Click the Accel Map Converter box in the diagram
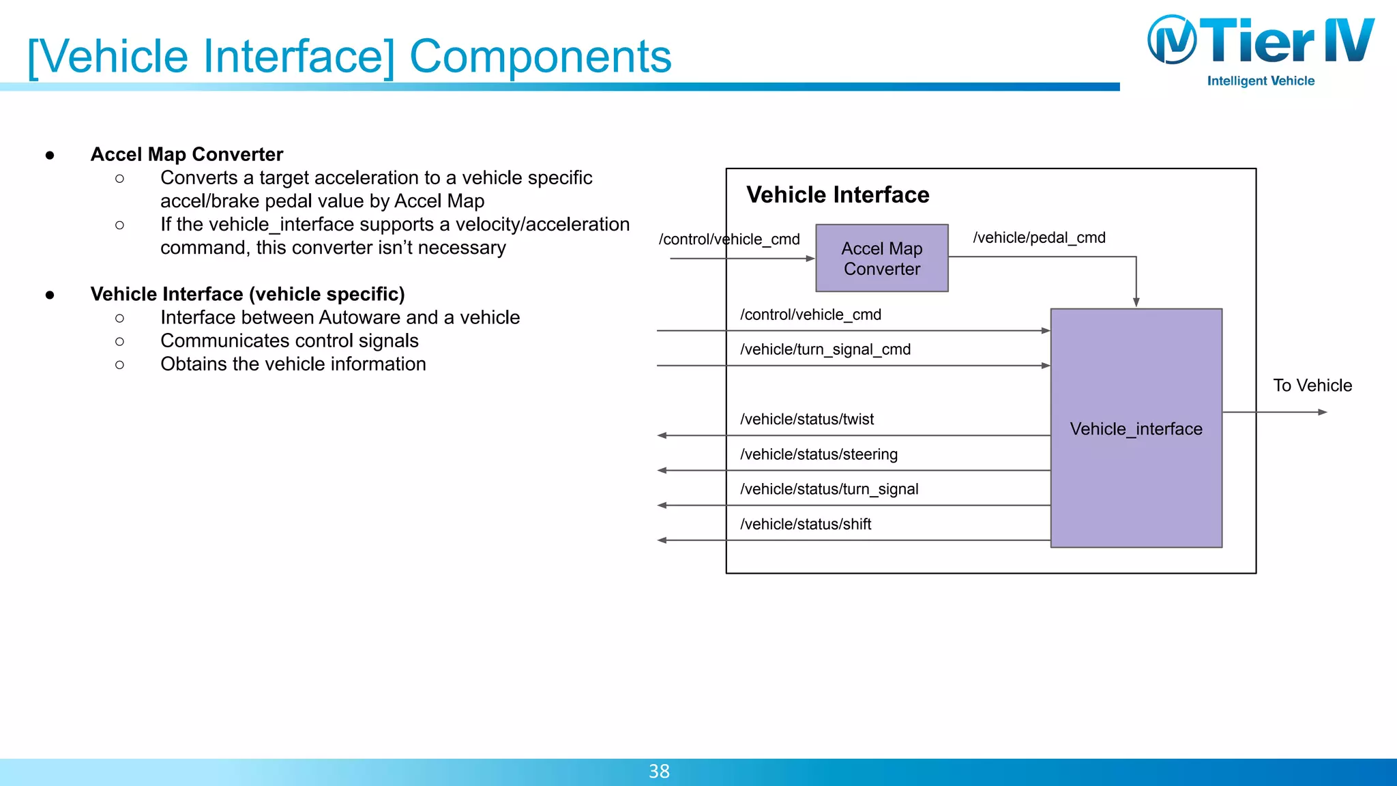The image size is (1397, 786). coord(881,259)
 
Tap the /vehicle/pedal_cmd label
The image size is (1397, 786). coord(1039,237)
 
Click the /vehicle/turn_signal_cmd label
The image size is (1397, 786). coord(825,349)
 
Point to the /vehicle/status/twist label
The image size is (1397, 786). coord(807,419)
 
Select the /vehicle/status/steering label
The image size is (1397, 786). coord(819,454)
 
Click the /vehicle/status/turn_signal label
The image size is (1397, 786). coord(829,489)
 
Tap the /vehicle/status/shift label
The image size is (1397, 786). coord(806,524)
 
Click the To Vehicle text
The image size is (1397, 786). coord(1312,385)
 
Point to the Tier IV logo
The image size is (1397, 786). coord(1261,41)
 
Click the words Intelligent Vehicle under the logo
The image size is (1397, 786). coord(1261,81)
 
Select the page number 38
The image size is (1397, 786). coord(659,771)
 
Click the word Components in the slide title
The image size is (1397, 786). coord(540,56)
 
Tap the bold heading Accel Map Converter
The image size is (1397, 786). coord(187,154)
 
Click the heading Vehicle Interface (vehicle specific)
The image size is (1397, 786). coord(248,294)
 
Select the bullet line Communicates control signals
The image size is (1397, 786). coord(289,340)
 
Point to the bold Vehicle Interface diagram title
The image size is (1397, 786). coord(838,195)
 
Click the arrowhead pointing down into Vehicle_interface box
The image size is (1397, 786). coord(1136,302)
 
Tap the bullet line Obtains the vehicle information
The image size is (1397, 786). coord(293,364)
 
